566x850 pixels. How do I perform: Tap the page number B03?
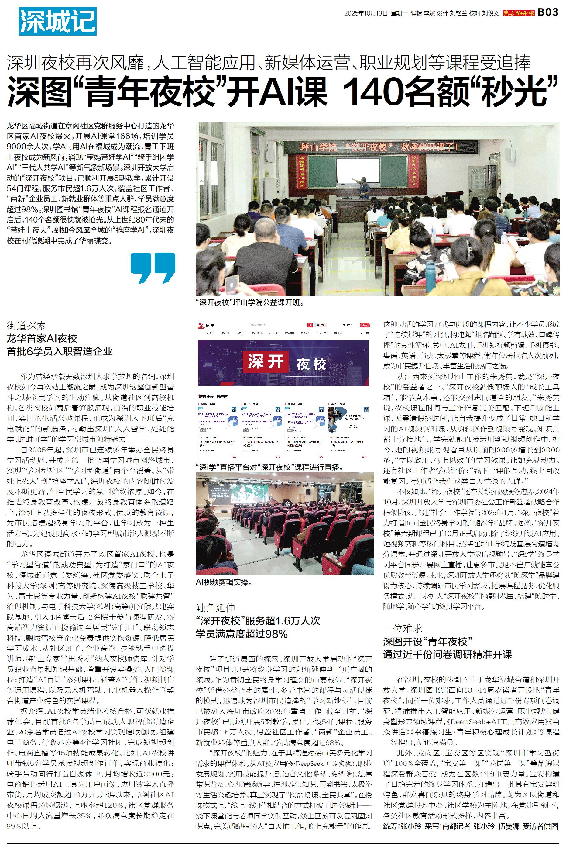(x=548, y=12)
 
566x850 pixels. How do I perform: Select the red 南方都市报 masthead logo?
(x=519, y=13)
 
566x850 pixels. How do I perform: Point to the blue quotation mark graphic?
(x=153, y=268)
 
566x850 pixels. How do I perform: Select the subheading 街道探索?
(x=26, y=326)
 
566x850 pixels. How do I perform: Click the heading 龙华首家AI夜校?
(x=42, y=338)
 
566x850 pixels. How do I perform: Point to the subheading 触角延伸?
(x=215, y=608)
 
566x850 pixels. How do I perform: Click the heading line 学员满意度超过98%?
(x=242, y=634)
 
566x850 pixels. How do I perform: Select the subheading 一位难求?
(x=403, y=629)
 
